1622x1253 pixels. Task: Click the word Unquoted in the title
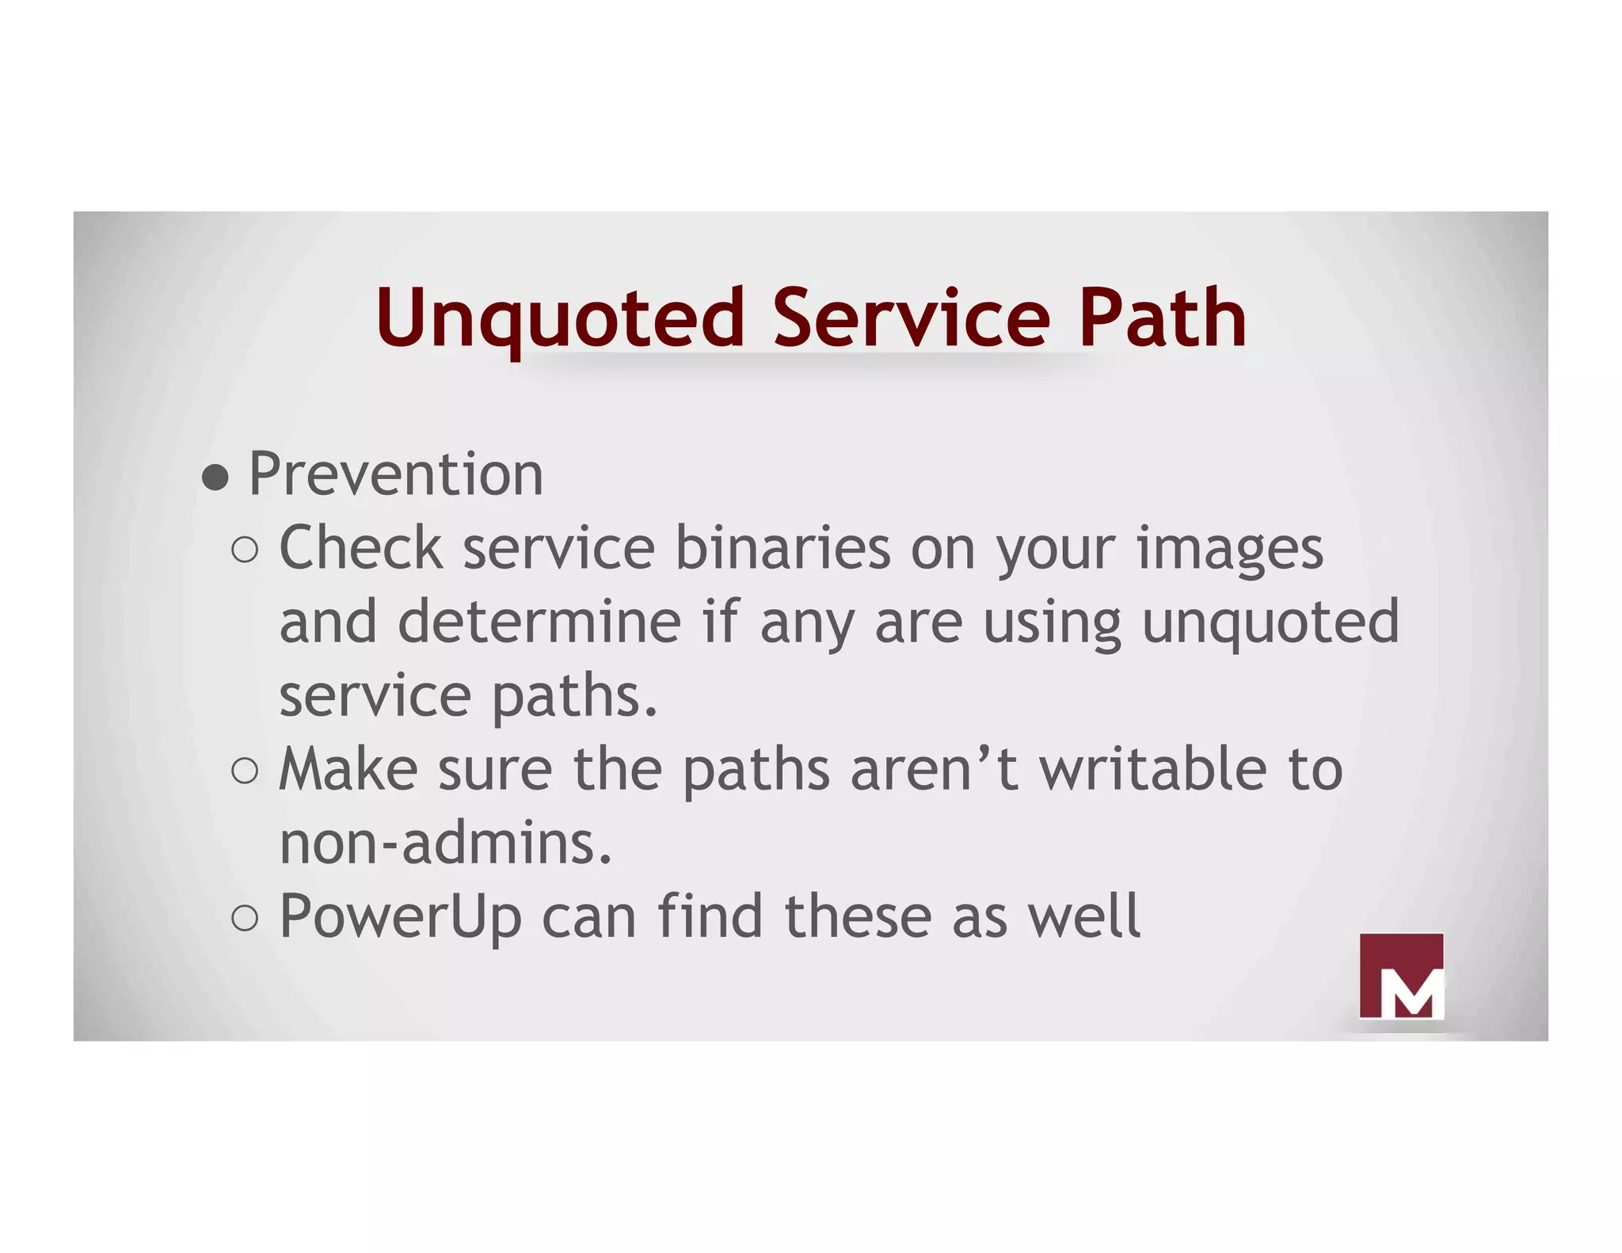(x=559, y=318)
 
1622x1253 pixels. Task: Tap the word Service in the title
(x=911, y=318)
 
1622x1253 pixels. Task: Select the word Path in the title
(x=1162, y=318)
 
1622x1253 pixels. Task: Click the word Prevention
(x=396, y=474)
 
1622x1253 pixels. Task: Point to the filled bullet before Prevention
(x=215, y=478)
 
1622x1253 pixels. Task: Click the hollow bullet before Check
(x=246, y=550)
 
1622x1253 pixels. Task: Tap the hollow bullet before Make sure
(x=246, y=771)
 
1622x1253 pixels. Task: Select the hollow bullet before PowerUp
(x=246, y=918)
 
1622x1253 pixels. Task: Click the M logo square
(x=1401, y=976)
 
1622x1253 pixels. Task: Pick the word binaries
(x=782, y=548)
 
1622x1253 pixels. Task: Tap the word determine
(x=539, y=622)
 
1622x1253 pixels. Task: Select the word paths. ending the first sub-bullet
(x=575, y=698)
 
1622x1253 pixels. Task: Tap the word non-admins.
(x=446, y=843)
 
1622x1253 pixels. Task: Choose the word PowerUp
(x=400, y=918)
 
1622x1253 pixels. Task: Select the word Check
(x=361, y=548)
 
